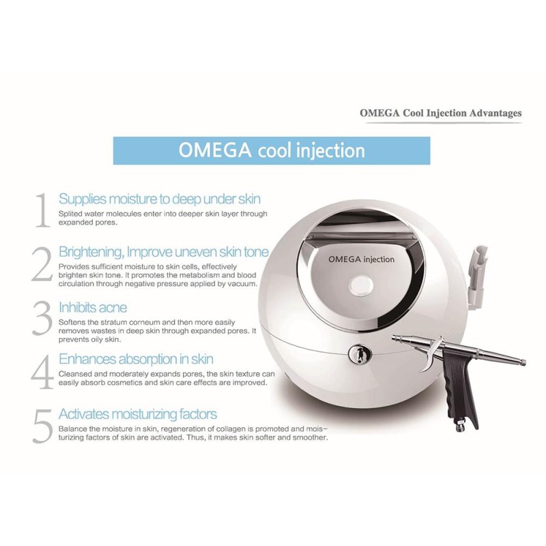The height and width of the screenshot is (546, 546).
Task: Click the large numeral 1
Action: pyautogui.click(x=43, y=210)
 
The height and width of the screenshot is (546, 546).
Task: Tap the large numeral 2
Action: pyautogui.click(x=42, y=264)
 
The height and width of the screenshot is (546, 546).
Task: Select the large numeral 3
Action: pyautogui.click(x=42, y=318)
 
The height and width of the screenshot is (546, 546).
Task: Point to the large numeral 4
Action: pyautogui.click(x=42, y=372)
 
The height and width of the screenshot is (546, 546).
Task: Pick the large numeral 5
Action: pyautogui.click(x=42, y=426)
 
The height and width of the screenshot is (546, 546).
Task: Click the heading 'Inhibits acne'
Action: pyautogui.click(x=93, y=308)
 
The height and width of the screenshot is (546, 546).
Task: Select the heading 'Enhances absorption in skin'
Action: pyautogui.click(x=136, y=359)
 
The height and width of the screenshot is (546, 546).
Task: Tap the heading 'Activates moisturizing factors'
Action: pyautogui.click(x=138, y=414)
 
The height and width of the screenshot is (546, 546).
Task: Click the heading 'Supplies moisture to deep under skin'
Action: pyautogui.click(x=160, y=199)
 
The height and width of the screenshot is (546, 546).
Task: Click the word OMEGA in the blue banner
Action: pyautogui.click(x=215, y=150)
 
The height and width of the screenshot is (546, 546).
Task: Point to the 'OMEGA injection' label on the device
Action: pyautogui.click(x=362, y=259)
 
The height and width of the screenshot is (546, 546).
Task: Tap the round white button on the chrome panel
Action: pyautogui.click(x=362, y=287)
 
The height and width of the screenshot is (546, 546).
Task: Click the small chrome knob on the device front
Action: pyautogui.click(x=360, y=354)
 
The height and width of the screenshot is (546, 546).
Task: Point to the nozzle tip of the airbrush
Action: pyautogui.click(x=523, y=363)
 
